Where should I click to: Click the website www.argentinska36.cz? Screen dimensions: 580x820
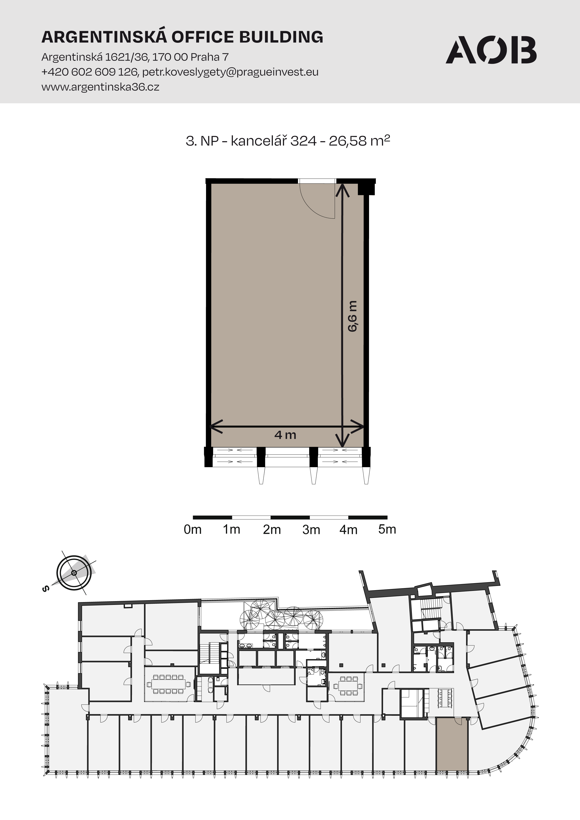tap(100, 87)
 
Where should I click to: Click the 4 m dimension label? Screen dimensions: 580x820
tap(285, 435)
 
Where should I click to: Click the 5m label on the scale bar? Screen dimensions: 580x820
tap(387, 529)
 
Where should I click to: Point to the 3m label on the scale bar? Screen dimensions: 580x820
tap(311, 530)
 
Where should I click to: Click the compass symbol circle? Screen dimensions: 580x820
tap(74, 583)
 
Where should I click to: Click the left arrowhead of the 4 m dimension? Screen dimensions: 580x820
tap(216, 426)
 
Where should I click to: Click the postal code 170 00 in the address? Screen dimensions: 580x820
tap(170, 57)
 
